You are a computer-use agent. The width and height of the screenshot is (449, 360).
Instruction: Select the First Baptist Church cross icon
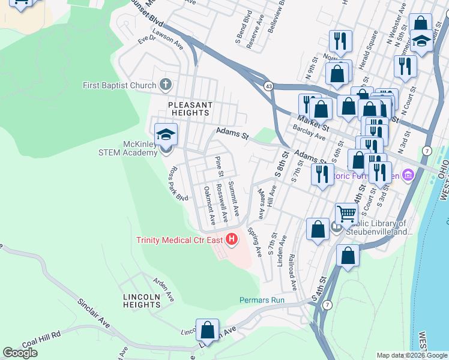point(166,85)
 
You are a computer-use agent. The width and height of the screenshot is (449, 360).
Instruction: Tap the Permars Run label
point(261,300)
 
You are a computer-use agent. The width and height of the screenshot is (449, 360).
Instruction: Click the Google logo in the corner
point(20,353)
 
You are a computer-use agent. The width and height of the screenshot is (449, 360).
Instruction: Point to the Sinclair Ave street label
point(94,311)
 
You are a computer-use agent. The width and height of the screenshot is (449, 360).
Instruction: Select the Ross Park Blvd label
point(180,183)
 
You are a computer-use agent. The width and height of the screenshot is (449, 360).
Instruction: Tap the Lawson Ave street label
point(167,38)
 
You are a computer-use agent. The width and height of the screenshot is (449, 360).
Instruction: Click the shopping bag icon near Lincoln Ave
point(208,331)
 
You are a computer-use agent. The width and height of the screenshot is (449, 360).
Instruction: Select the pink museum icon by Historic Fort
point(409,175)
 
